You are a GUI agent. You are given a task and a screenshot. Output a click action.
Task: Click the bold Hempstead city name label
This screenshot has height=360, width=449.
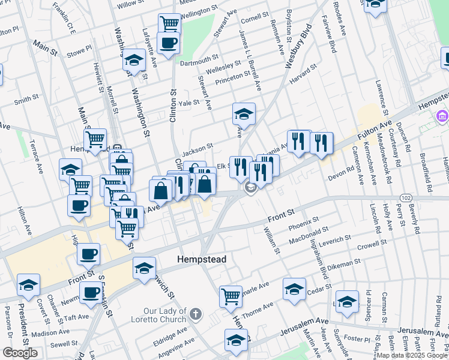[201, 259]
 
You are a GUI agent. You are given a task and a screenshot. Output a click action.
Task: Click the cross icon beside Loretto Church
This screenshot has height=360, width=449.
[194, 313]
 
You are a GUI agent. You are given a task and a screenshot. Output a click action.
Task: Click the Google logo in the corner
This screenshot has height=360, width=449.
[20, 353]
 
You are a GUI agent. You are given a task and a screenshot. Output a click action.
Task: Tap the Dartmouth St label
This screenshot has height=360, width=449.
[199, 60]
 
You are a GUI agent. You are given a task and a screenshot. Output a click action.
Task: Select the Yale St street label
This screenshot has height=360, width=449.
[188, 103]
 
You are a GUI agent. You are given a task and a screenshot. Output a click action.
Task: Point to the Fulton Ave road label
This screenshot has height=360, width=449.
[376, 128]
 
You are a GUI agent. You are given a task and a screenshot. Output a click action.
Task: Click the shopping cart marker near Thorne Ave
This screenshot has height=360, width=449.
[231, 296]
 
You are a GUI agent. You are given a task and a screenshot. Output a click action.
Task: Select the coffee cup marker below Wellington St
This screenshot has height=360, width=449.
[168, 42]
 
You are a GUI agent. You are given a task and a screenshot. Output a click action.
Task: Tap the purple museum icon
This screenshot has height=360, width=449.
[442, 115]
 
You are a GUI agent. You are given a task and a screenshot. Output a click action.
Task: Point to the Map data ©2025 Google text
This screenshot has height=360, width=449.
[412, 355]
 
